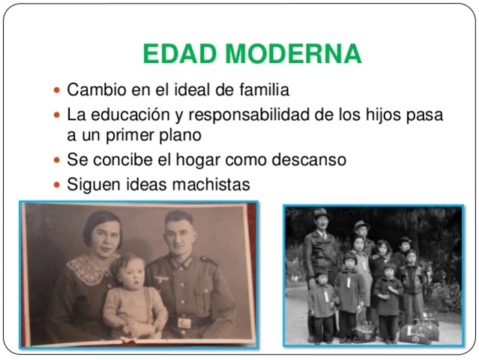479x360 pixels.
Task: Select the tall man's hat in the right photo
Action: click(x=322, y=213)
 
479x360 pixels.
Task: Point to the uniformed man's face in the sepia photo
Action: click(x=179, y=232)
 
